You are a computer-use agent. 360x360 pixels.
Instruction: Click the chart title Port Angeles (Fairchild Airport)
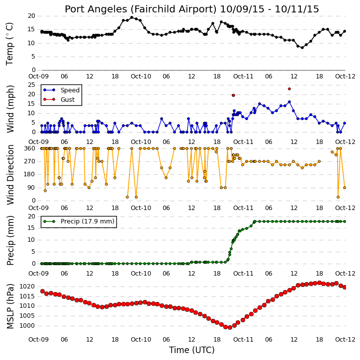(140, 9)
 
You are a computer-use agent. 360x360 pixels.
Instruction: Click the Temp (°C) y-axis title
(9, 44)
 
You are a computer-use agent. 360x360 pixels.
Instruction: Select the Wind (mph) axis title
(10, 109)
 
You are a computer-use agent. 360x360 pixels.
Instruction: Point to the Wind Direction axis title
(10, 175)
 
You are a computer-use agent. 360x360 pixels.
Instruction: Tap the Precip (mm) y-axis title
(10, 240)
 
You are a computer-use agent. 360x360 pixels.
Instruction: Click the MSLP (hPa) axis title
(10, 306)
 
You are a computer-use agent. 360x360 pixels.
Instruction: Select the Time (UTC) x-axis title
(192, 350)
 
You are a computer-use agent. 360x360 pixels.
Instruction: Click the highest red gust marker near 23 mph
(289, 89)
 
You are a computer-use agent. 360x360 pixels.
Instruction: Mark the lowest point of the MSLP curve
(230, 327)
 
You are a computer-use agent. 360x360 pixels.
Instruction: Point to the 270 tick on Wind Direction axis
(30, 161)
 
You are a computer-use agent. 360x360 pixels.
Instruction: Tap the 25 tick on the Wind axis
(31, 85)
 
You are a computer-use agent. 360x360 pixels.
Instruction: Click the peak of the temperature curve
(132, 17)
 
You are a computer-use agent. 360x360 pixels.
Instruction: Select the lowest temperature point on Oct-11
(302, 48)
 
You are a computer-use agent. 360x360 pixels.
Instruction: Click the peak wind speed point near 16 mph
(289, 102)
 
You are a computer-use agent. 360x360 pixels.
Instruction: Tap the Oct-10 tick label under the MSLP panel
(141, 339)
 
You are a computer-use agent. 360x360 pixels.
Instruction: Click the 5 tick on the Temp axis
(33, 57)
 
